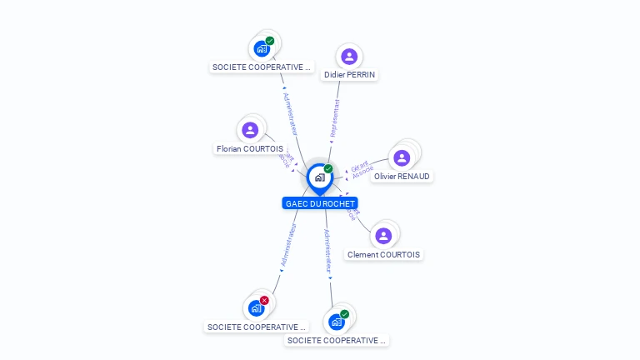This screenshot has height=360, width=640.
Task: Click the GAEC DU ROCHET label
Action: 320,203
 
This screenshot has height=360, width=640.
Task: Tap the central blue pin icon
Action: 319,177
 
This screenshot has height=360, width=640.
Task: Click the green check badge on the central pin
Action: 328,168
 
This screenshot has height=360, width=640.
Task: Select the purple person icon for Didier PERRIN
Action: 349,57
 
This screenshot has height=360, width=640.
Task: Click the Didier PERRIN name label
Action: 350,75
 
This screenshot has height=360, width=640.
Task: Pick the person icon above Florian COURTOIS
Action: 250,130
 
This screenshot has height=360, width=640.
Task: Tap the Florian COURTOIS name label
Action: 250,149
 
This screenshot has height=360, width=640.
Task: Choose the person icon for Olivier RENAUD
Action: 402,157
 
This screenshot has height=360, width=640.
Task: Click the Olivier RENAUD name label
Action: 402,177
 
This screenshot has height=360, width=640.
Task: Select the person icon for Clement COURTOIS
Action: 383,236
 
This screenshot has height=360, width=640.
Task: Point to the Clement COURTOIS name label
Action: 384,255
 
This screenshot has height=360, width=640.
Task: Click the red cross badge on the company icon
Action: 264,300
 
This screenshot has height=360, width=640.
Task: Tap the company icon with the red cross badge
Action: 256,308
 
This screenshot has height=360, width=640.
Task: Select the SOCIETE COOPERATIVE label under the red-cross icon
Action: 257,327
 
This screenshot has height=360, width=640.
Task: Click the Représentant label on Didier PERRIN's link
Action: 335,119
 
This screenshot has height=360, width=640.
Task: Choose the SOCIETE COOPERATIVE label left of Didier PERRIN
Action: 262,67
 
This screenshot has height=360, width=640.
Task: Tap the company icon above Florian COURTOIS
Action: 262,48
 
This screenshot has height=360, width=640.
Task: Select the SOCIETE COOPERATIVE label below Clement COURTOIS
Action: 337,340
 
